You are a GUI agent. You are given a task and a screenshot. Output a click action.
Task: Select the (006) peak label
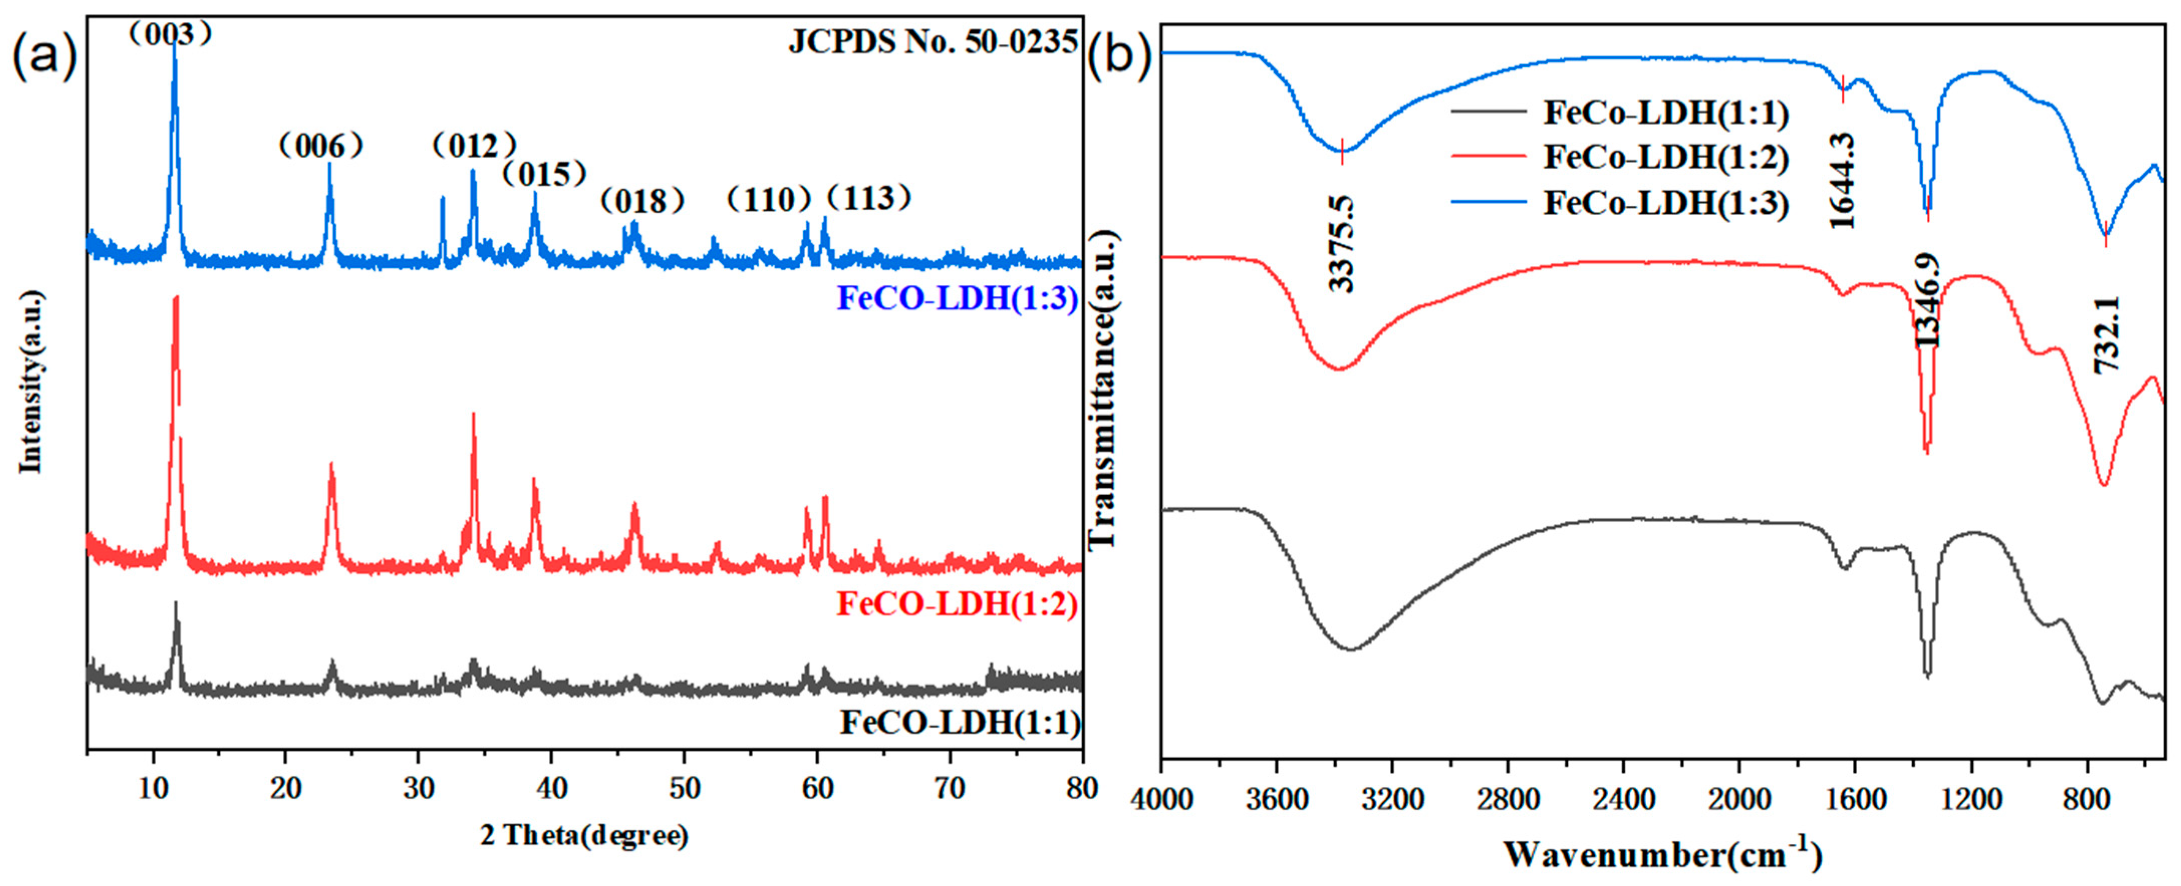(321, 146)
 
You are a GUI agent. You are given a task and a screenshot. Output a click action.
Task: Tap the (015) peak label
(544, 174)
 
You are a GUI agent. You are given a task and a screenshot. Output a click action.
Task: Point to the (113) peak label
(868, 198)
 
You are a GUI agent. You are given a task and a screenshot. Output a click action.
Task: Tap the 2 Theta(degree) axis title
(584, 836)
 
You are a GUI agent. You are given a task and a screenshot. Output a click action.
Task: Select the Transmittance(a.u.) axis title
(1103, 389)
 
